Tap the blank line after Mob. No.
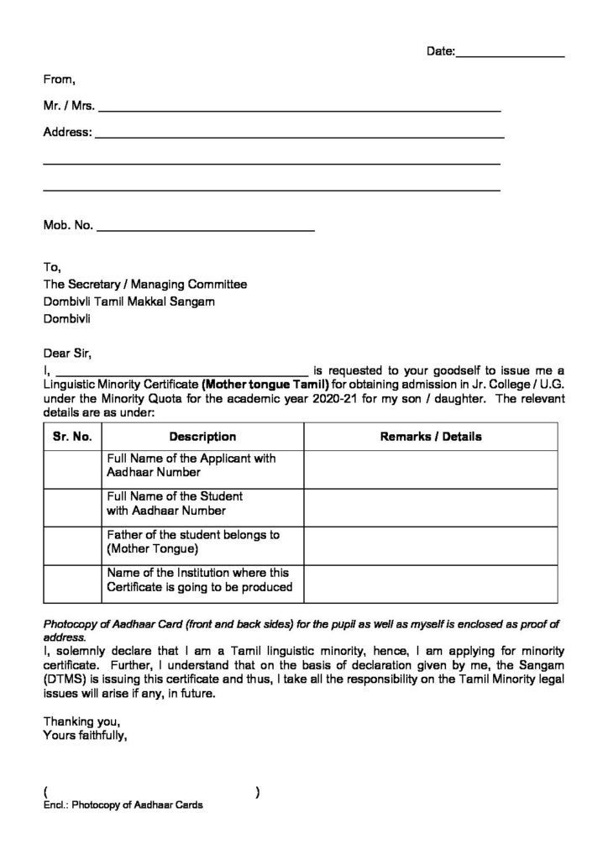pyautogui.click(x=207, y=226)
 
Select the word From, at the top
pyautogui.click(x=60, y=80)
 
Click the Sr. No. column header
pyautogui.click(x=72, y=437)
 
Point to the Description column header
pyautogui.click(x=202, y=437)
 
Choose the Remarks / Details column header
pyautogui.click(x=431, y=437)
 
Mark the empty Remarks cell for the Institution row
pyautogui.click(x=431, y=580)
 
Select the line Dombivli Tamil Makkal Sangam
pyautogui.click(x=128, y=302)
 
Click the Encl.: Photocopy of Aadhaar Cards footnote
pyautogui.click(x=123, y=805)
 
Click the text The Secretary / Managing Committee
pyautogui.click(x=145, y=285)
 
